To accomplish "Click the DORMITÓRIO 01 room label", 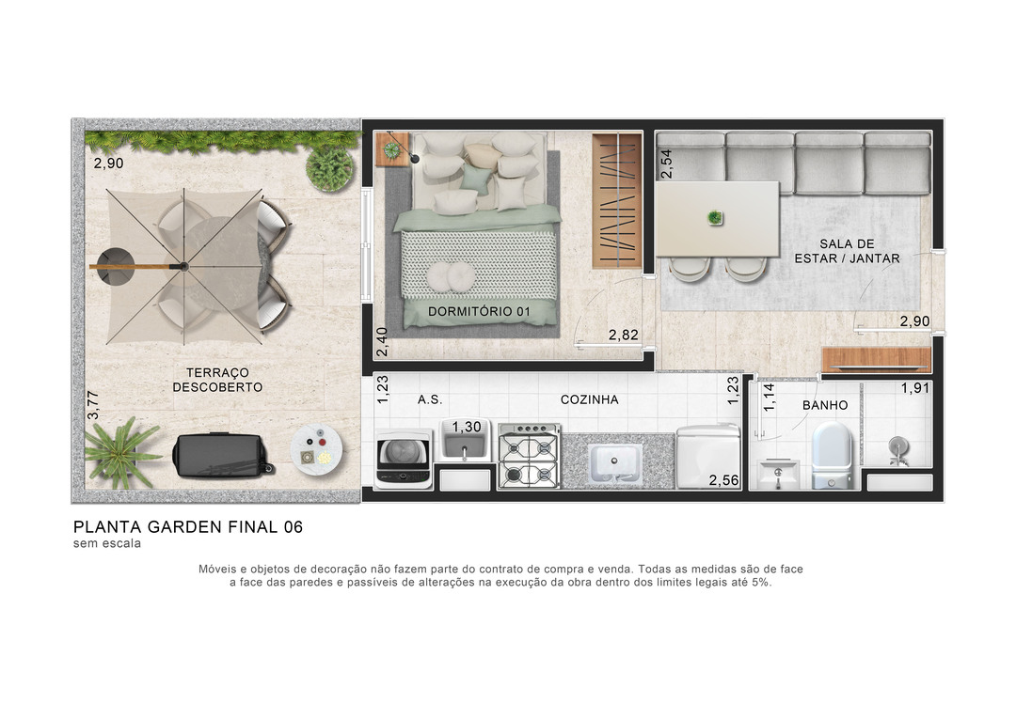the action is click(x=479, y=311).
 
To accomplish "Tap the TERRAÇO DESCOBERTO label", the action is click(x=217, y=380).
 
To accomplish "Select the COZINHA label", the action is click(x=589, y=400).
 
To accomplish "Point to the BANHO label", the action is click(x=825, y=405).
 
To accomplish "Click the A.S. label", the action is click(x=430, y=400).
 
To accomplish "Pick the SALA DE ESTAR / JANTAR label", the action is click(x=847, y=251).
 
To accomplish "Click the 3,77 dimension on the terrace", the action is click(x=92, y=405).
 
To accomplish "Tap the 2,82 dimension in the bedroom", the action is click(x=624, y=335).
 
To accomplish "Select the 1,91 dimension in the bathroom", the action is click(x=915, y=388).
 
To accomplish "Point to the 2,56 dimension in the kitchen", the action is click(x=723, y=480).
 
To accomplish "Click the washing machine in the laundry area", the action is click(x=404, y=459).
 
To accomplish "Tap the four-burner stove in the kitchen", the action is click(x=529, y=456).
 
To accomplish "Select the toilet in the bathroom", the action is click(x=832, y=455).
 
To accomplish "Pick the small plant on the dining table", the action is click(x=715, y=217).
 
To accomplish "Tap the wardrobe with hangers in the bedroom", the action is click(x=617, y=201).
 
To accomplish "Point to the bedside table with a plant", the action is click(x=392, y=149).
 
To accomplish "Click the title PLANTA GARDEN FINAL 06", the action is click(x=188, y=527).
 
